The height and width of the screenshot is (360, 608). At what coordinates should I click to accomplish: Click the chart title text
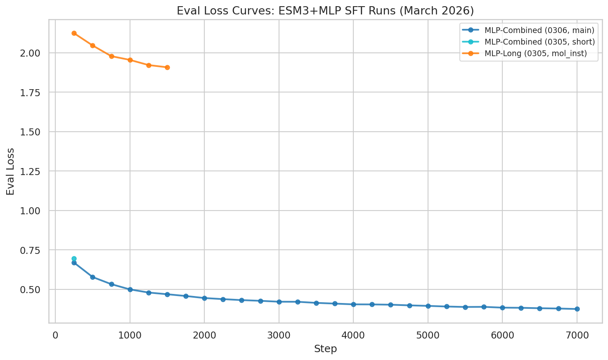pos(325,11)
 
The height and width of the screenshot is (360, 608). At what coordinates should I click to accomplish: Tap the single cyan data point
pos(74,258)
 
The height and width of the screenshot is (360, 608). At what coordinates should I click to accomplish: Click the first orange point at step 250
pos(74,33)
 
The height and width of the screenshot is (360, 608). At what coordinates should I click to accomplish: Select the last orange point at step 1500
pos(167,67)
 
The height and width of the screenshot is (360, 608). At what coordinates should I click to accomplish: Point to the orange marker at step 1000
pos(130,60)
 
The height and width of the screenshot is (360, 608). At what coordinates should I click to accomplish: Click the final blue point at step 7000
pos(577,309)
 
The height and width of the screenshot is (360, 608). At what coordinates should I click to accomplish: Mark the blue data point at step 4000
pos(353,304)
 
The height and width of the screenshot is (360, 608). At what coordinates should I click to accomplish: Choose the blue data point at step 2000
pos(204,298)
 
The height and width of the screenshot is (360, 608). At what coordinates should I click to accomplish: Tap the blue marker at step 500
pos(92,277)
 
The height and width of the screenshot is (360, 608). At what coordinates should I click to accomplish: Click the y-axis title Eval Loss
pos(10,171)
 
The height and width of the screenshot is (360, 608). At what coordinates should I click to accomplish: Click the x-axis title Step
pos(325,349)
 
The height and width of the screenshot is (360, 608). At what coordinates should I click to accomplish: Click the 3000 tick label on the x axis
pos(279,334)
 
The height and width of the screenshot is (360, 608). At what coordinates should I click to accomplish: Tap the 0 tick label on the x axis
pos(55,334)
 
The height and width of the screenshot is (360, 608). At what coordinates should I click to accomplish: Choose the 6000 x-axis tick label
pos(502,334)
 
